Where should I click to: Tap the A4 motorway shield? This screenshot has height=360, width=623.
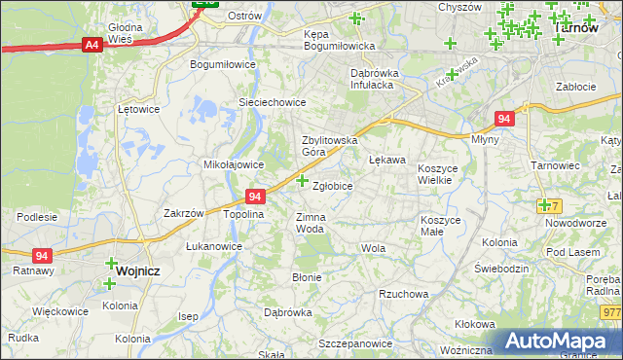point(92,45)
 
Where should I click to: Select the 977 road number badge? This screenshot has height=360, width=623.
point(611,312)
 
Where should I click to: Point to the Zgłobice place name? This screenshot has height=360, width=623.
point(332,185)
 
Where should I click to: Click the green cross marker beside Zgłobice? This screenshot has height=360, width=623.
point(302,180)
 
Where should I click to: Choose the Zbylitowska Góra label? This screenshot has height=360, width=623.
point(327,146)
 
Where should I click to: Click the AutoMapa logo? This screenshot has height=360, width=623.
point(560,342)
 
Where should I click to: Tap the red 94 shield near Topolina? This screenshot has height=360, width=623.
point(255,197)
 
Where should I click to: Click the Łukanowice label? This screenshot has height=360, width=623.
point(214,246)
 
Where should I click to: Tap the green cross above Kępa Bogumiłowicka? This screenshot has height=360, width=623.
point(354,18)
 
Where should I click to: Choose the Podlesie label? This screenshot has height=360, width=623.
point(37,217)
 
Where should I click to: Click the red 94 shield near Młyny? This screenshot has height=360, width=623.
point(502,119)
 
